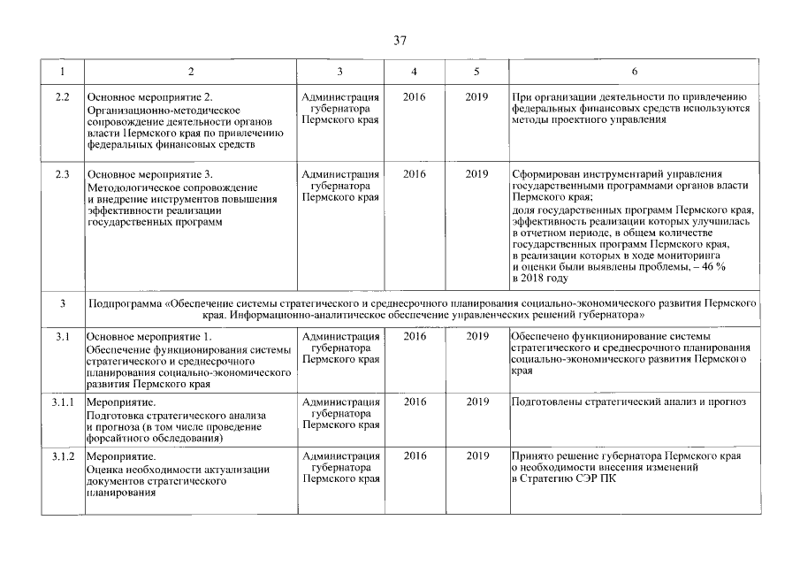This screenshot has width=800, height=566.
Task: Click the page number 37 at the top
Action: pyautogui.click(x=400, y=40)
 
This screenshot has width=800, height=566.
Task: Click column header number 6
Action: pyautogui.click(x=634, y=71)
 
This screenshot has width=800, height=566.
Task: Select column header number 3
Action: pyautogui.click(x=340, y=71)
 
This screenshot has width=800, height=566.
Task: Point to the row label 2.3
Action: pyautogui.click(x=62, y=174)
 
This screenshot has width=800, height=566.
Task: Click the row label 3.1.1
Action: pyautogui.click(x=62, y=402)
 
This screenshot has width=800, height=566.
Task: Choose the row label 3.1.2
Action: pyautogui.click(x=62, y=455)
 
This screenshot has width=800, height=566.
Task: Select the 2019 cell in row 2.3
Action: pyautogui.click(x=477, y=174)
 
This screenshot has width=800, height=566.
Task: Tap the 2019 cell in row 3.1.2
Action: pyautogui.click(x=477, y=455)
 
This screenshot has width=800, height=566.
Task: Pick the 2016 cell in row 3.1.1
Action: pyautogui.click(x=413, y=402)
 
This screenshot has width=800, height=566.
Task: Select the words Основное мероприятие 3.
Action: pyautogui.click(x=150, y=174)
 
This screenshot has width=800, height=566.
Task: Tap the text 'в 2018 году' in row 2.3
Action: pyautogui.click(x=539, y=278)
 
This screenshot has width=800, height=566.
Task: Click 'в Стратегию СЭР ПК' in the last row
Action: pyautogui.click(x=565, y=478)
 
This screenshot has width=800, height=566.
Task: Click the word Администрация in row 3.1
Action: pyautogui.click(x=340, y=337)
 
